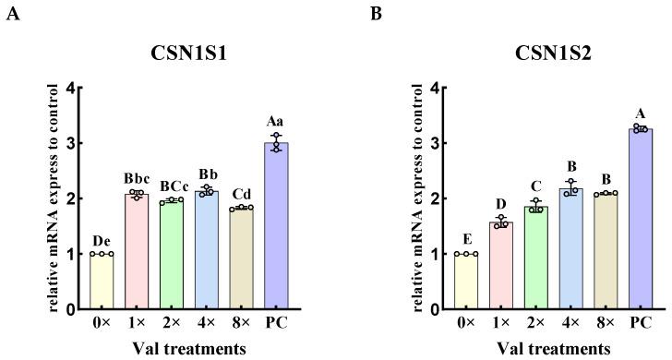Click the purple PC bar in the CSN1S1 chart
[276, 226]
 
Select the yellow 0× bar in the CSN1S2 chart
[466, 281]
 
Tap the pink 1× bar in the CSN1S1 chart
[137, 251]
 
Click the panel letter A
[11, 14]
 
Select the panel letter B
[375, 14]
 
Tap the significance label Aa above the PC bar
[276, 121]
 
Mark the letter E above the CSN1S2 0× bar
[466, 238]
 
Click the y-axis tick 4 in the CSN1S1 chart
[82, 89]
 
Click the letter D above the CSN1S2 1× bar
[501, 204]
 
